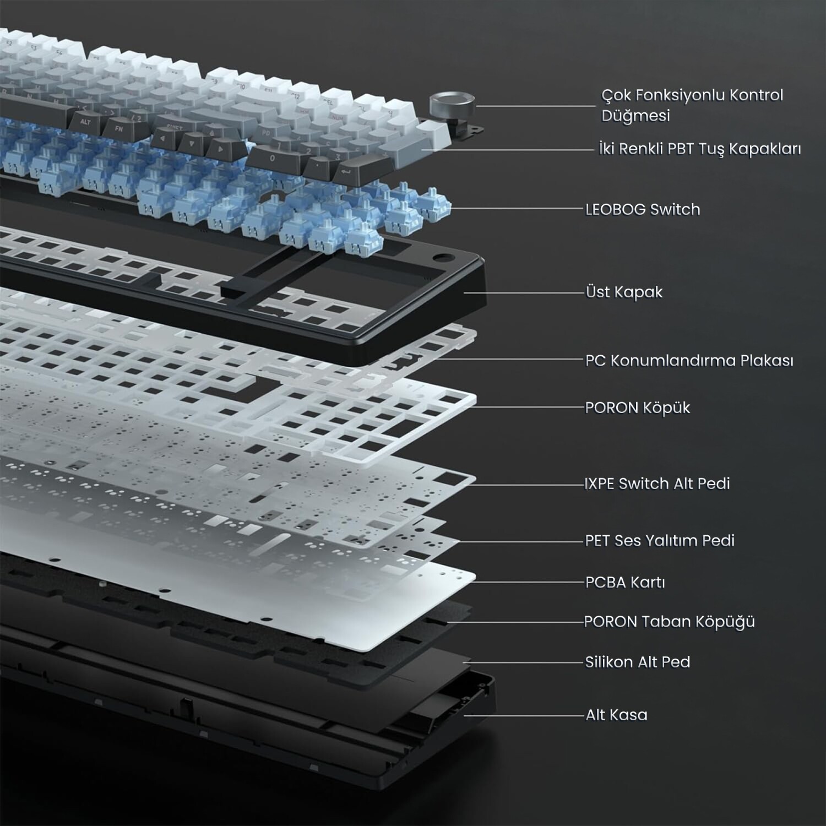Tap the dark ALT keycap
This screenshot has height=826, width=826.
[x=85, y=122]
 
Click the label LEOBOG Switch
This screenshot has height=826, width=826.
[x=643, y=209]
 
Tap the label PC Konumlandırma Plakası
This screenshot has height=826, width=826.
[x=689, y=361]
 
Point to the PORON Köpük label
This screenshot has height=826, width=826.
[x=637, y=407]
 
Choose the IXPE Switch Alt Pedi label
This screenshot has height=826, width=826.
[x=657, y=483]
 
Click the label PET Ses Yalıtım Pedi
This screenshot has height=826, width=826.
[x=660, y=540]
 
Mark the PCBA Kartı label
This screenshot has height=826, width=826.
[x=625, y=582]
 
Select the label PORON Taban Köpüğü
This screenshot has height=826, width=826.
[x=669, y=622]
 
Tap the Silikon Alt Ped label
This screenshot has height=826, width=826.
[x=637, y=662]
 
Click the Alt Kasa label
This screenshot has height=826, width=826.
[x=616, y=715]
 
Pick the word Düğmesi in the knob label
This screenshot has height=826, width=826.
[x=635, y=116]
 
